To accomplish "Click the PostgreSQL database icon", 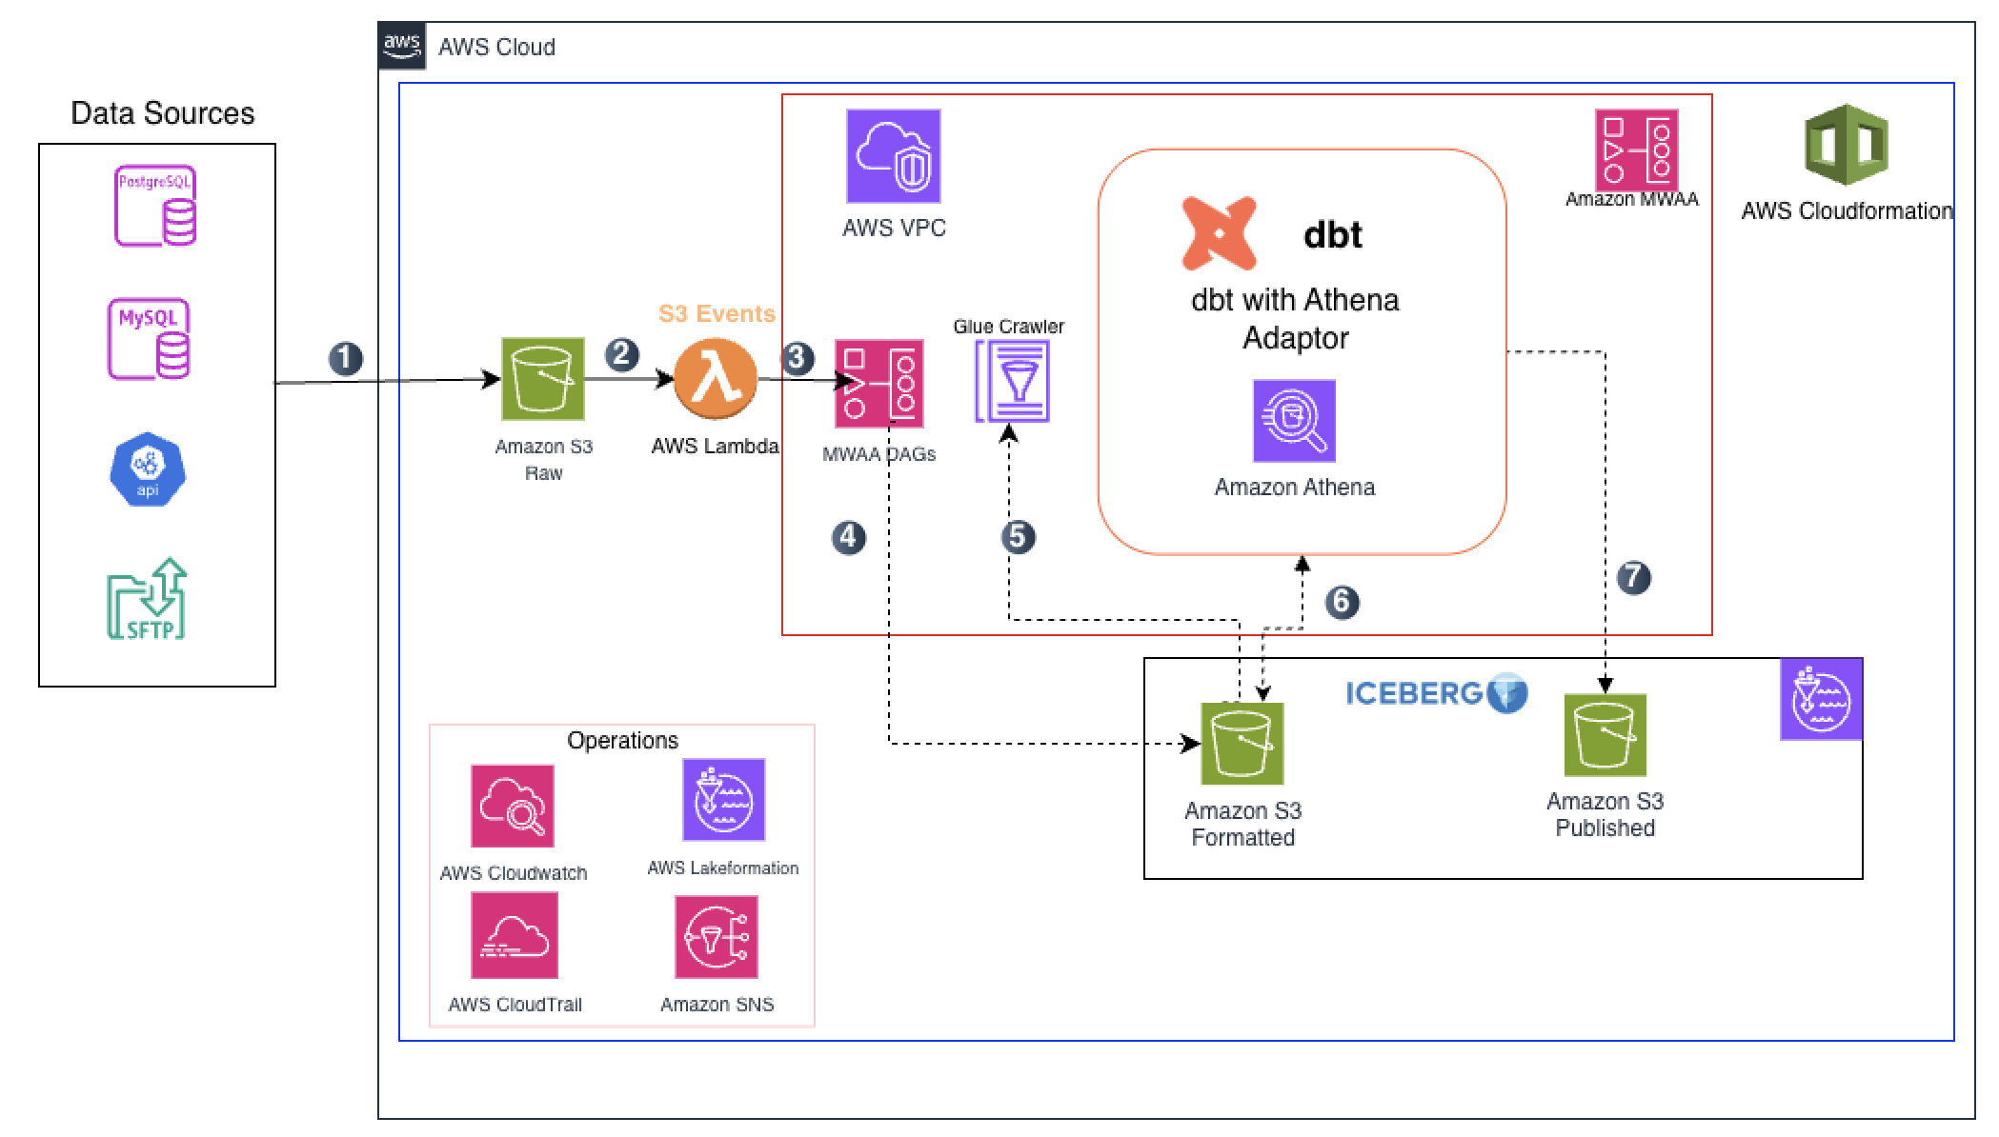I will (x=155, y=206).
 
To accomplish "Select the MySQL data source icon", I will (x=150, y=340).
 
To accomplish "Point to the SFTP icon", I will (x=147, y=599).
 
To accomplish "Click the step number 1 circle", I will (x=346, y=359).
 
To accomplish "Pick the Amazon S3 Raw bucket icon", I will (x=543, y=379).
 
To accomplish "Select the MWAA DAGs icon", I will (x=878, y=383).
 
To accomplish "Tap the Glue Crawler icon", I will (x=1012, y=382).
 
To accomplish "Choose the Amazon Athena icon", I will (x=1293, y=421).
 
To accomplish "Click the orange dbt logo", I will (x=1219, y=233).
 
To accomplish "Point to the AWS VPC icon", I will (x=893, y=156).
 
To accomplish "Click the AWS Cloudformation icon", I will (x=1846, y=146).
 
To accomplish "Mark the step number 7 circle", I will (x=1633, y=578).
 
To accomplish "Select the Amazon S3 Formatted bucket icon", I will (x=1242, y=744).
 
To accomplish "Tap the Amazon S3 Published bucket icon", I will (x=1605, y=734).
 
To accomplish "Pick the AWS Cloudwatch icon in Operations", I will (x=513, y=806).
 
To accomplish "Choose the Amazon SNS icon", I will (x=717, y=937).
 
